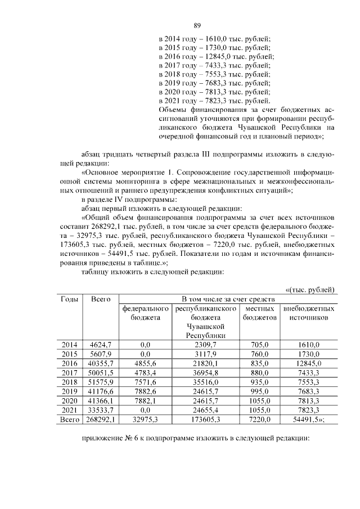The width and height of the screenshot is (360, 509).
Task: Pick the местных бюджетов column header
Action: (x=259, y=313)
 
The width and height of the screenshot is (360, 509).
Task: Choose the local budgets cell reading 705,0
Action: (x=259, y=344)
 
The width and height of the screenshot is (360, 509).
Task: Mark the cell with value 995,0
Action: (x=259, y=391)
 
